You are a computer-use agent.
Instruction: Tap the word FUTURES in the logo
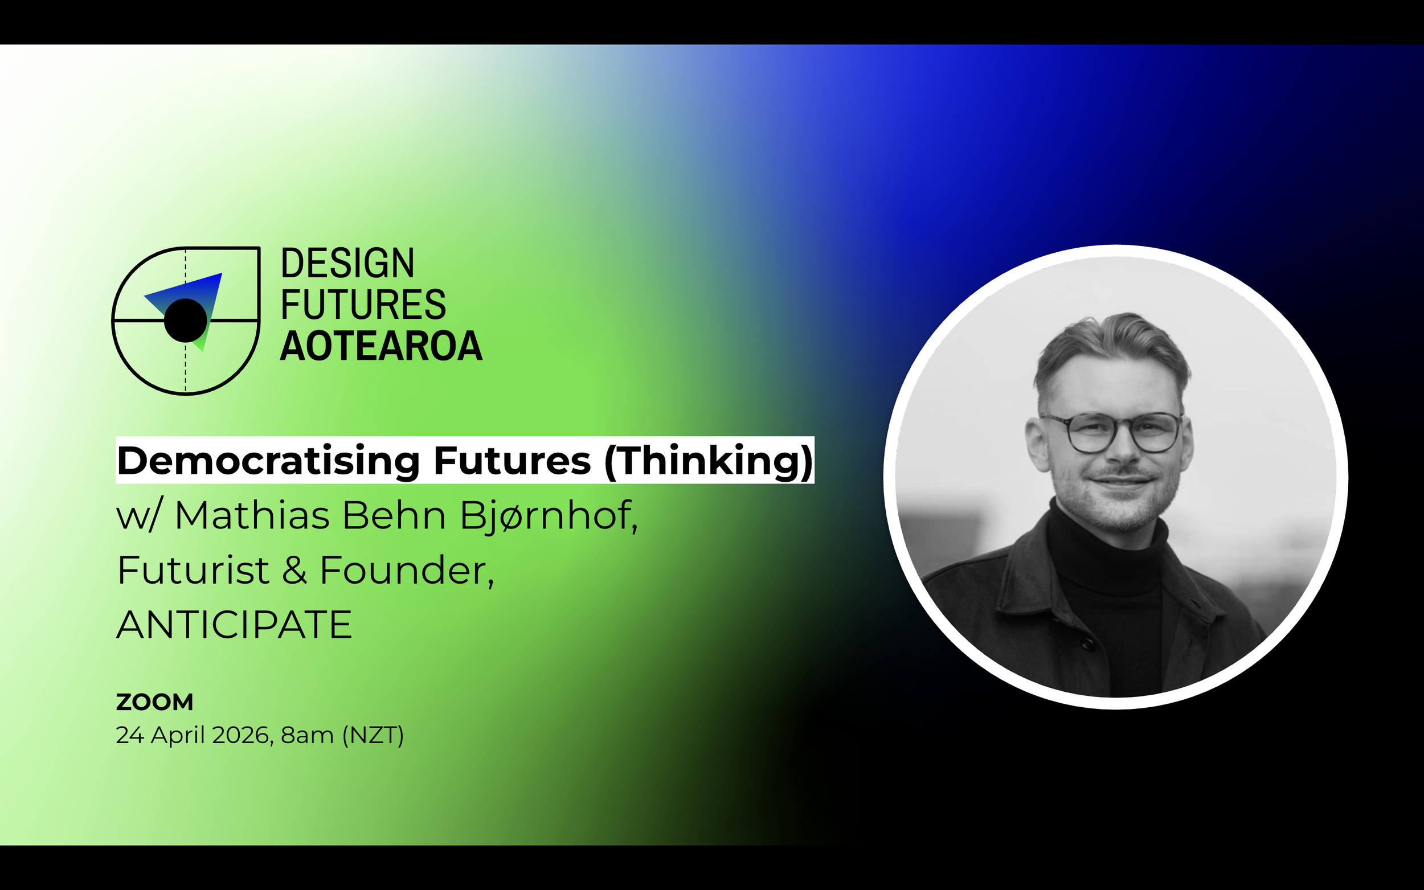point(363,304)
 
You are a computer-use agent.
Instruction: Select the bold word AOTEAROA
point(381,346)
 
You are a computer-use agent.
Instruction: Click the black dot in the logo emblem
point(186,320)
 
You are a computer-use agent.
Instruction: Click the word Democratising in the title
point(268,460)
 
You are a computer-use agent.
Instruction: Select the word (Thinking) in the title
point(709,460)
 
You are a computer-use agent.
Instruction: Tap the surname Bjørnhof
point(547,516)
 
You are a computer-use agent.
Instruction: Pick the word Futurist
point(193,571)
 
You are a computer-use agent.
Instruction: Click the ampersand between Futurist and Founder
point(294,571)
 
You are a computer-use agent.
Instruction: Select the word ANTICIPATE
point(234,625)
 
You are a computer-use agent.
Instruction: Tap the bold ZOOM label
point(154,702)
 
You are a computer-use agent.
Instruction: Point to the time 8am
point(307,735)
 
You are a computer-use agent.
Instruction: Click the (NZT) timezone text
point(373,735)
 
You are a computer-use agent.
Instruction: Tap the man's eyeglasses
point(1111,433)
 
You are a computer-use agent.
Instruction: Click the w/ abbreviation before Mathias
point(137,516)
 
